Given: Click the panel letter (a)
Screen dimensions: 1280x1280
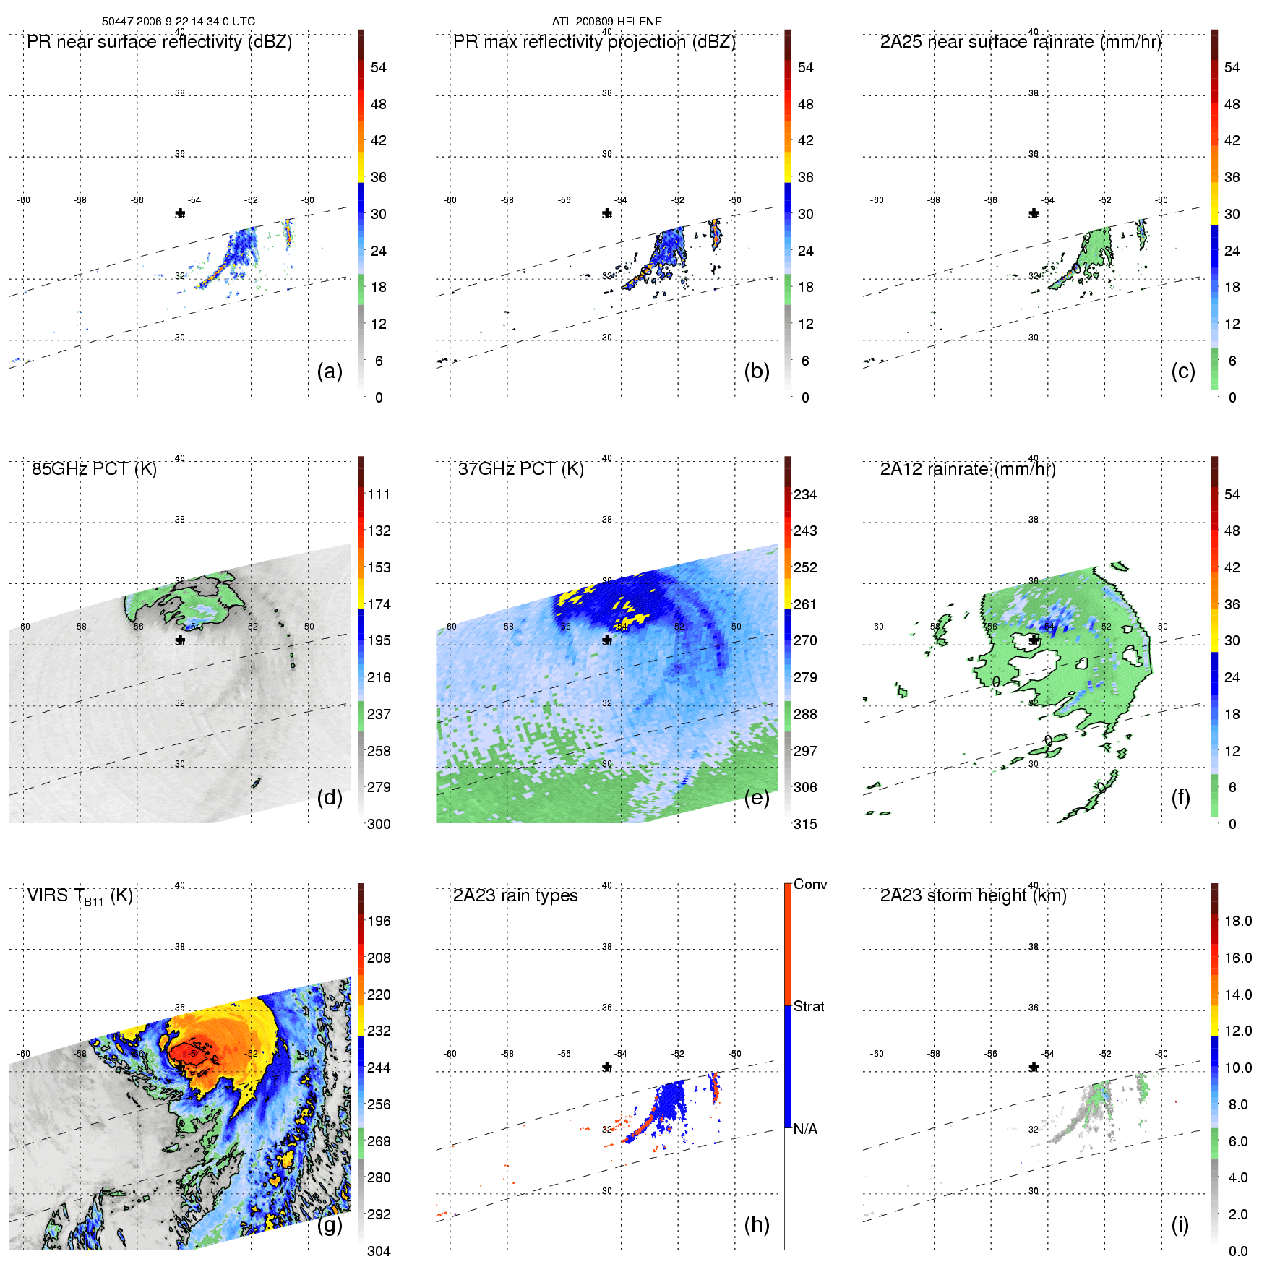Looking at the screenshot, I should coord(330,371).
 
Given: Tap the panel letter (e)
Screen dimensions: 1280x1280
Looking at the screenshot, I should coord(756,798).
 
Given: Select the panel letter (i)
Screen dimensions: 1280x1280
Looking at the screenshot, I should coord(1180,1224).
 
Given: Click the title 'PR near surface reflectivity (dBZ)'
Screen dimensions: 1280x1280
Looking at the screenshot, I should coord(159,42).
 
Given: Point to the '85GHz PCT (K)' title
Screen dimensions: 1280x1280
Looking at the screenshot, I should coord(94,469).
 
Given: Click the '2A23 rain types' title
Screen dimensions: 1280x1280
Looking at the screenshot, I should coord(515,895).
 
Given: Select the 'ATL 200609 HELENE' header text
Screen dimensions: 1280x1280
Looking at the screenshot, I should coord(607,22).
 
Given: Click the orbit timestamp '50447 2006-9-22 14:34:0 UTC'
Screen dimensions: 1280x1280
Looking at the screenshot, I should coord(179,22).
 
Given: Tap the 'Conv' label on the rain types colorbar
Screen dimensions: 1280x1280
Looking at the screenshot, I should coord(810,885).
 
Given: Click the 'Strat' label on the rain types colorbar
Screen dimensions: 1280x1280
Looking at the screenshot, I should coord(809,1007).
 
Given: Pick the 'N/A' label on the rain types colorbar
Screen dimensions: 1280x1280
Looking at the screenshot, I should coord(805,1129).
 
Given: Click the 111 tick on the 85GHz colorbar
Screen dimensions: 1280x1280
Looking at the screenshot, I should coord(379,495).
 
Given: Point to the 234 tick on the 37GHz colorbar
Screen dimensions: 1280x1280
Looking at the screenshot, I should coord(805,495).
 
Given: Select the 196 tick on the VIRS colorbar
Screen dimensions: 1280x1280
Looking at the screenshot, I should coord(379,922).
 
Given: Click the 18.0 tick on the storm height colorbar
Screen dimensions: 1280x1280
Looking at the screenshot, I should coord(1238,922).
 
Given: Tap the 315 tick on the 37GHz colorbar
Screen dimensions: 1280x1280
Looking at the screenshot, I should coord(805,825).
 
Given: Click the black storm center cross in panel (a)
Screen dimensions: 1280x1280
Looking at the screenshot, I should coord(180,213).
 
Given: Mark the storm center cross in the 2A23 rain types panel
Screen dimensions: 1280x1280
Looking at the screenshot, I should coord(607,1067).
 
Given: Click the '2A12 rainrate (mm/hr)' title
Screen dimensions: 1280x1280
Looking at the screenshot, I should coord(968,469).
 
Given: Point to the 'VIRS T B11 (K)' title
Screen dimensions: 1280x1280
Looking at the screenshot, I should coord(80,896).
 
